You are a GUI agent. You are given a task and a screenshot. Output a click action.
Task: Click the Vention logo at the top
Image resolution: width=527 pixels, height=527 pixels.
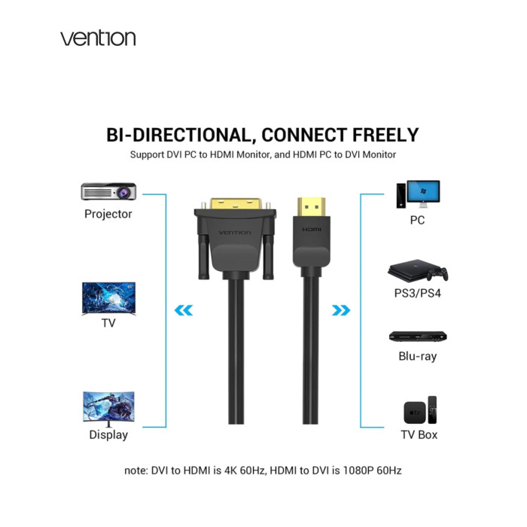coord(98,38)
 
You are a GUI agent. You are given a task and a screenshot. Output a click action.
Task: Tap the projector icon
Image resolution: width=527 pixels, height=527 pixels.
coord(108,191)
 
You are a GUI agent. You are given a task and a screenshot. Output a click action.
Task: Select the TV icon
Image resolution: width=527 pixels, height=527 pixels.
coord(108,297)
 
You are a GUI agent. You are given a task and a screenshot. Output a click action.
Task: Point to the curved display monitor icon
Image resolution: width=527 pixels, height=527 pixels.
coord(108,409)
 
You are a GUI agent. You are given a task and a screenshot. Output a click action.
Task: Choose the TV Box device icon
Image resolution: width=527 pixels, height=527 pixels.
coord(419,410)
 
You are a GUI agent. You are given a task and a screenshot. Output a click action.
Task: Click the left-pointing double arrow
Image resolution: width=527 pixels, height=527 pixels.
coord(183,309)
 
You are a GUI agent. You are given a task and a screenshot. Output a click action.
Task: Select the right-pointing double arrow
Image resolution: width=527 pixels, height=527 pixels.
coord(342,309)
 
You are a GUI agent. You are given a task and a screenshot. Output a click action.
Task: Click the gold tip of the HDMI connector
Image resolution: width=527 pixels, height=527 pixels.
coord(310,204)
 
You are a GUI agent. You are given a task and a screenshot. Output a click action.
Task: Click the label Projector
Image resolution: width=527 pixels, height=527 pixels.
coord(108,214)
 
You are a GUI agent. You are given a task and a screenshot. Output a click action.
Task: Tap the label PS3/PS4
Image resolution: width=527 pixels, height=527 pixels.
coord(417,293)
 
